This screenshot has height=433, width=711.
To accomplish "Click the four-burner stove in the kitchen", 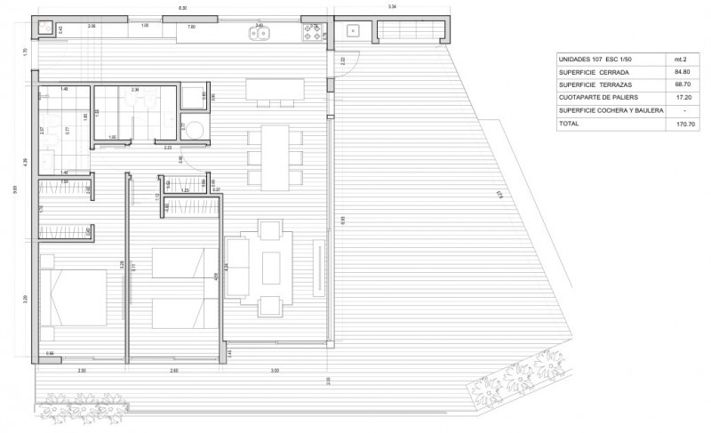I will [x=313, y=31].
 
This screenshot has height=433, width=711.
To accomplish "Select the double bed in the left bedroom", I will [x=79, y=299].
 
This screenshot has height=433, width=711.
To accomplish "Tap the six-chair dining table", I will [x=275, y=157].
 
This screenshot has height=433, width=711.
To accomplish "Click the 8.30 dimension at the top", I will [x=182, y=7].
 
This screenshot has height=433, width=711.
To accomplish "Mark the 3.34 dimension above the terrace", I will [x=392, y=7].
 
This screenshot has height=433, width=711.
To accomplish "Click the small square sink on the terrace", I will [x=353, y=30].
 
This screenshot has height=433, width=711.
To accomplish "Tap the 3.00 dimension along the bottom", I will [x=275, y=370].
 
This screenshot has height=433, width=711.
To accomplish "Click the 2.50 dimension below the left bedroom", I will [x=82, y=370].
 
